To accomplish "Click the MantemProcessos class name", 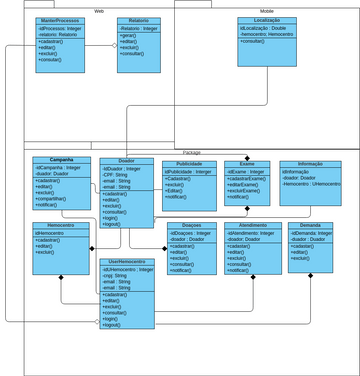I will [59, 21].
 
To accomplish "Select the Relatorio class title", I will [138, 21].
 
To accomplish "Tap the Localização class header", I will [266, 21].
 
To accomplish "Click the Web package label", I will [99, 10].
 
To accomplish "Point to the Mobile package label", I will [267, 10].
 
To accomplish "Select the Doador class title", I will [126, 161].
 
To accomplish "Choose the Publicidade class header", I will [189, 164].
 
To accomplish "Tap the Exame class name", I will [247, 164].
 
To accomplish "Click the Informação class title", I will [310, 164].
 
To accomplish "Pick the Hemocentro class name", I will [61, 226].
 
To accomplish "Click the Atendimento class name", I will [252, 226].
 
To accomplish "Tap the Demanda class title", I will [310, 226].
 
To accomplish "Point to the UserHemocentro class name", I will [126, 261].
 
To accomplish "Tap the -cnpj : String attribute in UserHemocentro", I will [118, 275].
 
